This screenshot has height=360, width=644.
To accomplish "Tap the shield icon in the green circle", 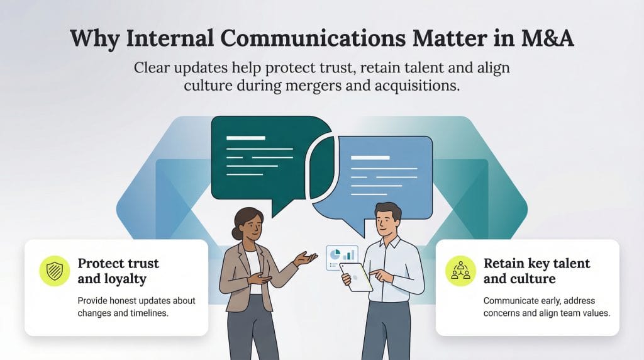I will tap(55, 271).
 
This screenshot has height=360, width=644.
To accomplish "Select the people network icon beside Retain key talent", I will tap(461, 271).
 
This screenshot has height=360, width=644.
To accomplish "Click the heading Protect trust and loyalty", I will tap(118, 271).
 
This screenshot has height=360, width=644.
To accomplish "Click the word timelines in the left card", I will tap(148, 313).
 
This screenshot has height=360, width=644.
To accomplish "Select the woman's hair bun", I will tap(236, 233).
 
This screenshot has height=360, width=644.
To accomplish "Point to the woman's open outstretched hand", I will tap(307, 259).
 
